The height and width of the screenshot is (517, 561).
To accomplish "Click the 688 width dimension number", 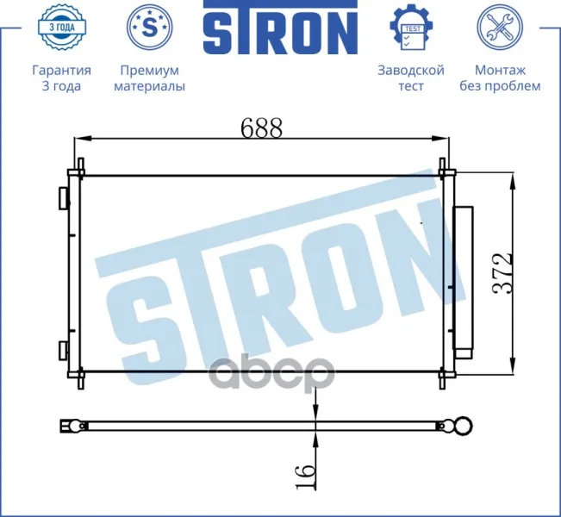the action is coord(261,128).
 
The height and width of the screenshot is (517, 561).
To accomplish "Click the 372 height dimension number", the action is coord(502,274).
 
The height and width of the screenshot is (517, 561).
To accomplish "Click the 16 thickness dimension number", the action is coord(306,477).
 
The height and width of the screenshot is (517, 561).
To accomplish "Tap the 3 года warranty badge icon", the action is coord(61,27).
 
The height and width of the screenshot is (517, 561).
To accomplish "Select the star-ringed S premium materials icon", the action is coord(150,27).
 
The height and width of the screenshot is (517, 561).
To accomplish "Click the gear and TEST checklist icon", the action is coord(411,27).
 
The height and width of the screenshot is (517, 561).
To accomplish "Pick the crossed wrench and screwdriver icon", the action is coord(500,27).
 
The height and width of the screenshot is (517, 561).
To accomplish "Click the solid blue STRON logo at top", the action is coord(281,28).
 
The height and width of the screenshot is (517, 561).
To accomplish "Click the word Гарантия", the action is coord(61,70).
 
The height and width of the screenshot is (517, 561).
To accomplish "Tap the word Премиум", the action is coord(150,70).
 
